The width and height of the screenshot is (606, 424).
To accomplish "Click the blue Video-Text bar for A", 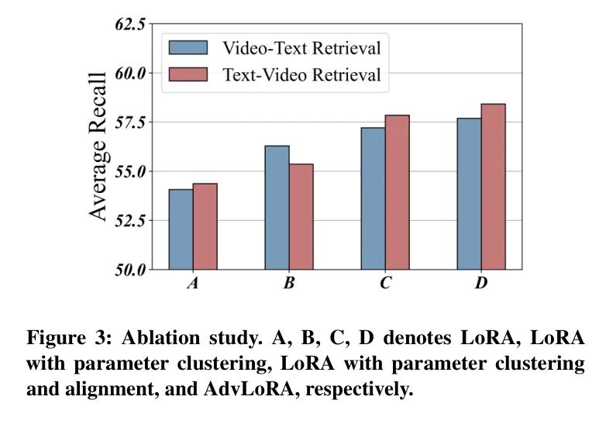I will click(x=181, y=229).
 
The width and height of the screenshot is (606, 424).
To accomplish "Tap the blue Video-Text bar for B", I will click(x=277, y=208).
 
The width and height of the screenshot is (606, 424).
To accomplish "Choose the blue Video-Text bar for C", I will click(x=373, y=198).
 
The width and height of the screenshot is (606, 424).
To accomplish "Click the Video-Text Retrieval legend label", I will click(x=301, y=48).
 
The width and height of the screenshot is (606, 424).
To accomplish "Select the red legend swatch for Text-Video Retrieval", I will click(x=189, y=74).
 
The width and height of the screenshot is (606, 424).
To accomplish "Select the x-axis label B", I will click(x=288, y=284).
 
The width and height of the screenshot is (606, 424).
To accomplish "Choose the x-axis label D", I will click(x=480, y=284).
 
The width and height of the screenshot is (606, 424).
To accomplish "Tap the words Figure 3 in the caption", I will click(x=61, y=339).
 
